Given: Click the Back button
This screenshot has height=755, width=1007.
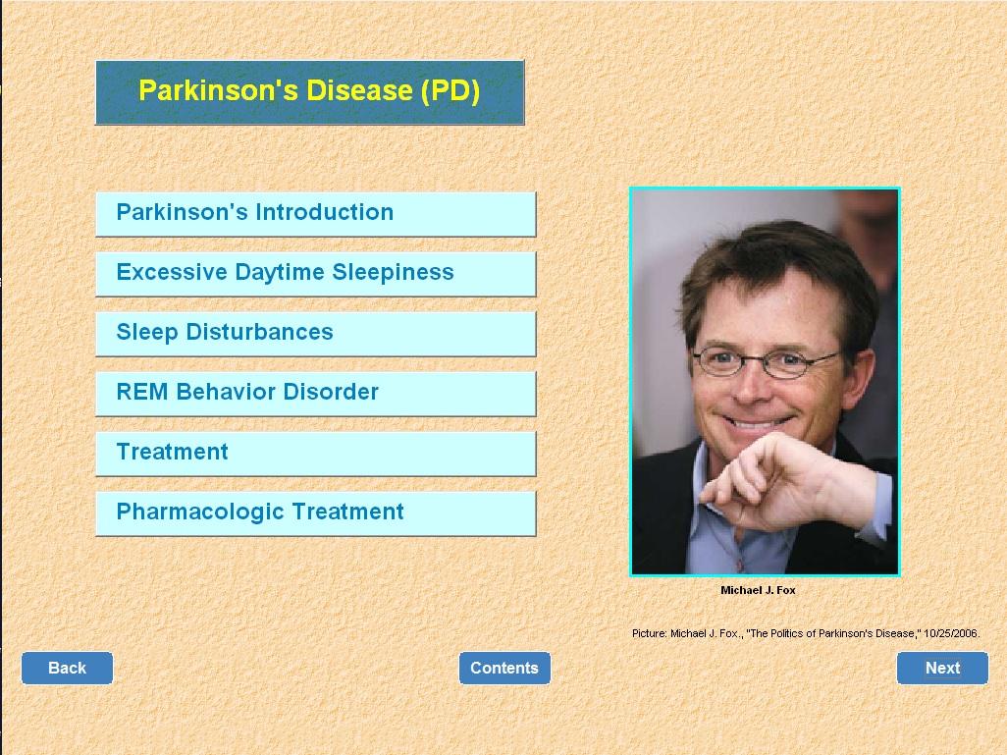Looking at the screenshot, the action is pos(67,669).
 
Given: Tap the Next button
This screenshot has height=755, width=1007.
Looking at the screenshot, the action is pos(942,669).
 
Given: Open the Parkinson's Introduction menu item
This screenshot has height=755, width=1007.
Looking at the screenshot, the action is pos(315,214).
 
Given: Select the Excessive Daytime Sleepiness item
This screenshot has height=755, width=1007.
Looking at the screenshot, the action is pos(315,274).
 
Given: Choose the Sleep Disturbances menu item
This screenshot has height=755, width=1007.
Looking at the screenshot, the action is pos(315,334).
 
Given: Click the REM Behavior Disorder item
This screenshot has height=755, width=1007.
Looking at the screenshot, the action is pos(315,394).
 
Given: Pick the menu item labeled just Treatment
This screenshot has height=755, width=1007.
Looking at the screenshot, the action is pos(315,454).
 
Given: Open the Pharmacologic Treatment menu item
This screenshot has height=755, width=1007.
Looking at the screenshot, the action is pos(315,513).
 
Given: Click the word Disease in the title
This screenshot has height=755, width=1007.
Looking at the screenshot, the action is pos(359,90).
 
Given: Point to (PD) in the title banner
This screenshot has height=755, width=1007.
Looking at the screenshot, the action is pos(450,90).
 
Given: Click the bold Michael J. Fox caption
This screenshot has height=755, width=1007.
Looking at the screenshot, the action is pos(758,590).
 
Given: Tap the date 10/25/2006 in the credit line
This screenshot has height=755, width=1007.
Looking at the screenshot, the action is pos(950,633).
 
